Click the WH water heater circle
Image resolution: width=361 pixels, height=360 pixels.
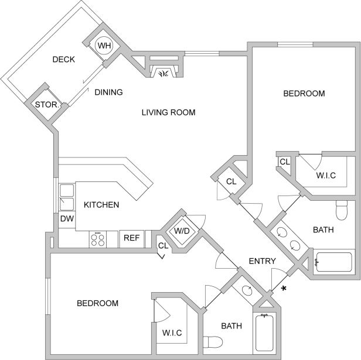(x=104, y=46)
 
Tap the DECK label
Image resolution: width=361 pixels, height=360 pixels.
(x=63, y=59)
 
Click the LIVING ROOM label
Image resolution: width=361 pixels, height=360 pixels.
(x=168, y=112)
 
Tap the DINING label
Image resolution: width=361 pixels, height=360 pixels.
(x=108, y=92)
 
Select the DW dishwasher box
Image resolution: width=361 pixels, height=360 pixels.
(x=66, y=219)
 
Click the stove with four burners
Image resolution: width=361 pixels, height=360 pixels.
(x=97, y=238)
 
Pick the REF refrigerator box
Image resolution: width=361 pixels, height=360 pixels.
(x=130, y=238)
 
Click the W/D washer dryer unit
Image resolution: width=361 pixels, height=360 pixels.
(x=181, y=231)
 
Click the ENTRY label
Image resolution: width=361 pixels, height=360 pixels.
(x=262, y=260)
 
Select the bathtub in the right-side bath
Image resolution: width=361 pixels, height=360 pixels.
(x=333, y=262)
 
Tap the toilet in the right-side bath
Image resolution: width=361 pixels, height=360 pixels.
(x=342, y=209)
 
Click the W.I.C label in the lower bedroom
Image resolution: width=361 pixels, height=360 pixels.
(x=172, y=333)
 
